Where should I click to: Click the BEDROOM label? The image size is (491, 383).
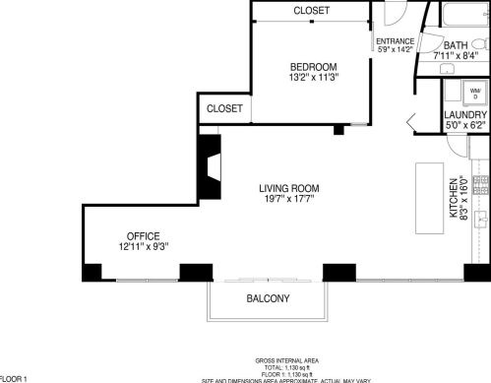312,66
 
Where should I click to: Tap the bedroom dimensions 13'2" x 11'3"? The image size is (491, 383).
312,78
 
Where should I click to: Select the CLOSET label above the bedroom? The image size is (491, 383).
312,11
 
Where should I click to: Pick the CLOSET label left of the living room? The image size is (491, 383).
224,108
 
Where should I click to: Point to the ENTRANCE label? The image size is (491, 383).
396,41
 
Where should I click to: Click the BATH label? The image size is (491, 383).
456,45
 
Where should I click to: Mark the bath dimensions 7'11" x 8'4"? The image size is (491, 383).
456,56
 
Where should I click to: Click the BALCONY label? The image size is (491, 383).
267,298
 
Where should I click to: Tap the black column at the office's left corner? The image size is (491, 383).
91,273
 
